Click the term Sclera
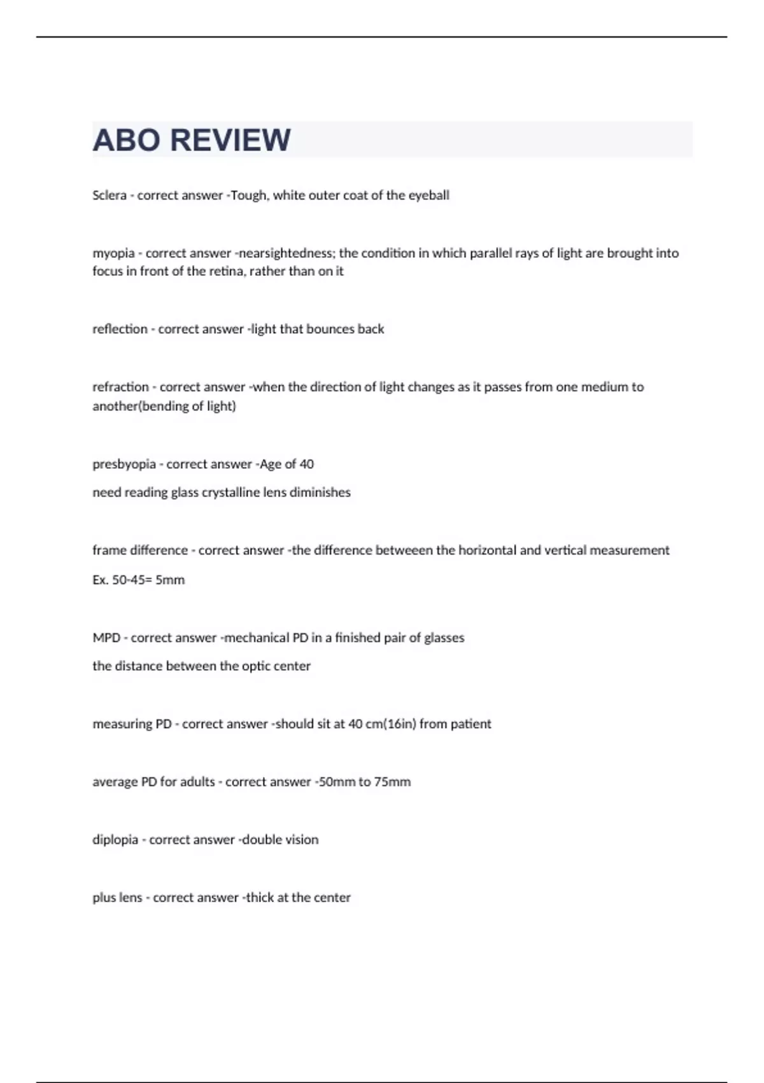click(x=110, y=196)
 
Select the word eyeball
click(x=428, y=196)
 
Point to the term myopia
click(x=113, y=254)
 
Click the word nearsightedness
click(x=286, y=253)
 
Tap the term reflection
click(x=120, y=329)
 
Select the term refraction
click(x=120, y=387)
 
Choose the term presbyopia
click(x=124, y=464)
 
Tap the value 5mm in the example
click(x=170, y=580)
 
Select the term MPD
click(x=106, y=638)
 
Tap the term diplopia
click(x=115, y=840)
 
